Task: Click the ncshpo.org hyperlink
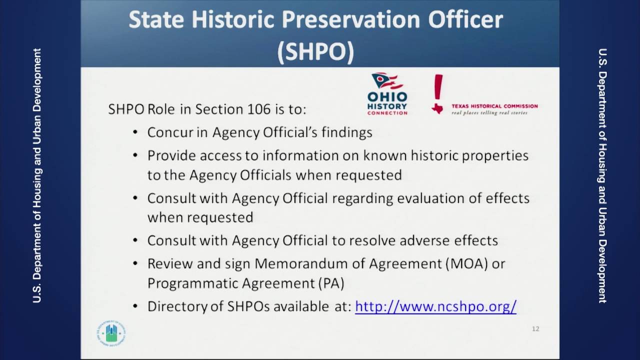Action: point(435,306)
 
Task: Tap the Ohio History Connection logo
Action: point(387,94)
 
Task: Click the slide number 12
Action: point(535,328)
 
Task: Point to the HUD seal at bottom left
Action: point(111,333)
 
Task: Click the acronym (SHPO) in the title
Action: point(316,51)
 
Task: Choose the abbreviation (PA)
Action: point(331,283)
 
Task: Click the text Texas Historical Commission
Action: point(494,106)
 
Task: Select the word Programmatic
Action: point(192,283)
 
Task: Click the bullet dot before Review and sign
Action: point(135,263)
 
